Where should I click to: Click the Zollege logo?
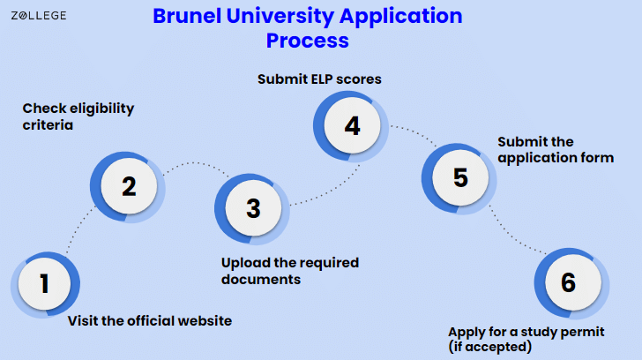click(x=38, y=15)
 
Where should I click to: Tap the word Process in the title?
click(x=308, y=41)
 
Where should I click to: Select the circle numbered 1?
click(x=44, y=284)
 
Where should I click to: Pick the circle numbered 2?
click(x=129, y=186)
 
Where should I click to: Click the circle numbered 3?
click(x=253, y=208)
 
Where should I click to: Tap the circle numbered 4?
click(x=352, y=126)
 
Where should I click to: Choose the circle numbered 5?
click(x=459, y=177)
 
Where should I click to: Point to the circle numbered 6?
click(x=567, y=282)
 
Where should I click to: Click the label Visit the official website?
click(x=150, y=321)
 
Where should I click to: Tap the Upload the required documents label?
click(x=290, y=271)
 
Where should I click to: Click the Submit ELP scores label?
click(x=319, y=79)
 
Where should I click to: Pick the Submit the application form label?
click(x=556, y=150)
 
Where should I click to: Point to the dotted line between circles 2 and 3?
click(x=194, y=163)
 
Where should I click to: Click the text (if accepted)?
click(x=489, y=347)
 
